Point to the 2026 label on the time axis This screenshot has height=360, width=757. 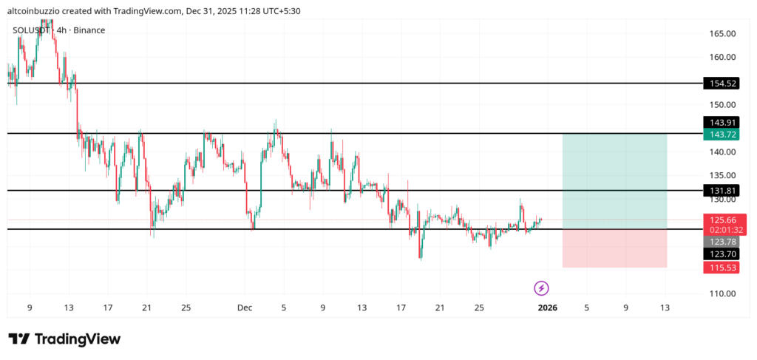point(547,308)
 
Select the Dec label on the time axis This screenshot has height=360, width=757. point(245,308)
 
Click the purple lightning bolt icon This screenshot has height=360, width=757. point(541,288)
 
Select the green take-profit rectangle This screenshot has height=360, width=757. point(614,181)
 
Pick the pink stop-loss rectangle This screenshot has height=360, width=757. point(614,248)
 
